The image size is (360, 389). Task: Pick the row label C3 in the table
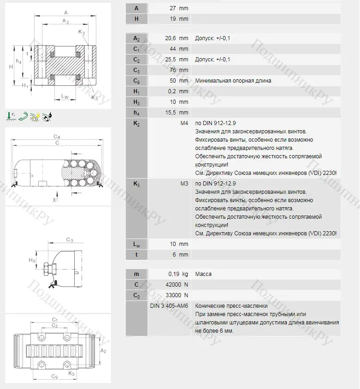(136, 70)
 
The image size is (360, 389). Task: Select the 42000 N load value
(177, 285)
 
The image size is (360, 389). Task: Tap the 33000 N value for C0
(177, 295)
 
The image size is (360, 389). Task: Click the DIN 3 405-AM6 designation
(169, 305)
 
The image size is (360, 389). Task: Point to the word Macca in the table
(203, 274)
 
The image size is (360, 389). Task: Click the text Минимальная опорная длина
(233, 81)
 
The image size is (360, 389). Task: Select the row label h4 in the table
(136, 113)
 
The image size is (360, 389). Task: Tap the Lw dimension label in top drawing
(65, 96)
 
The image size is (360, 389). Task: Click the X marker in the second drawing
(54, 200)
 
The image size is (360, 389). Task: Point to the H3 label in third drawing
(32, 261)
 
